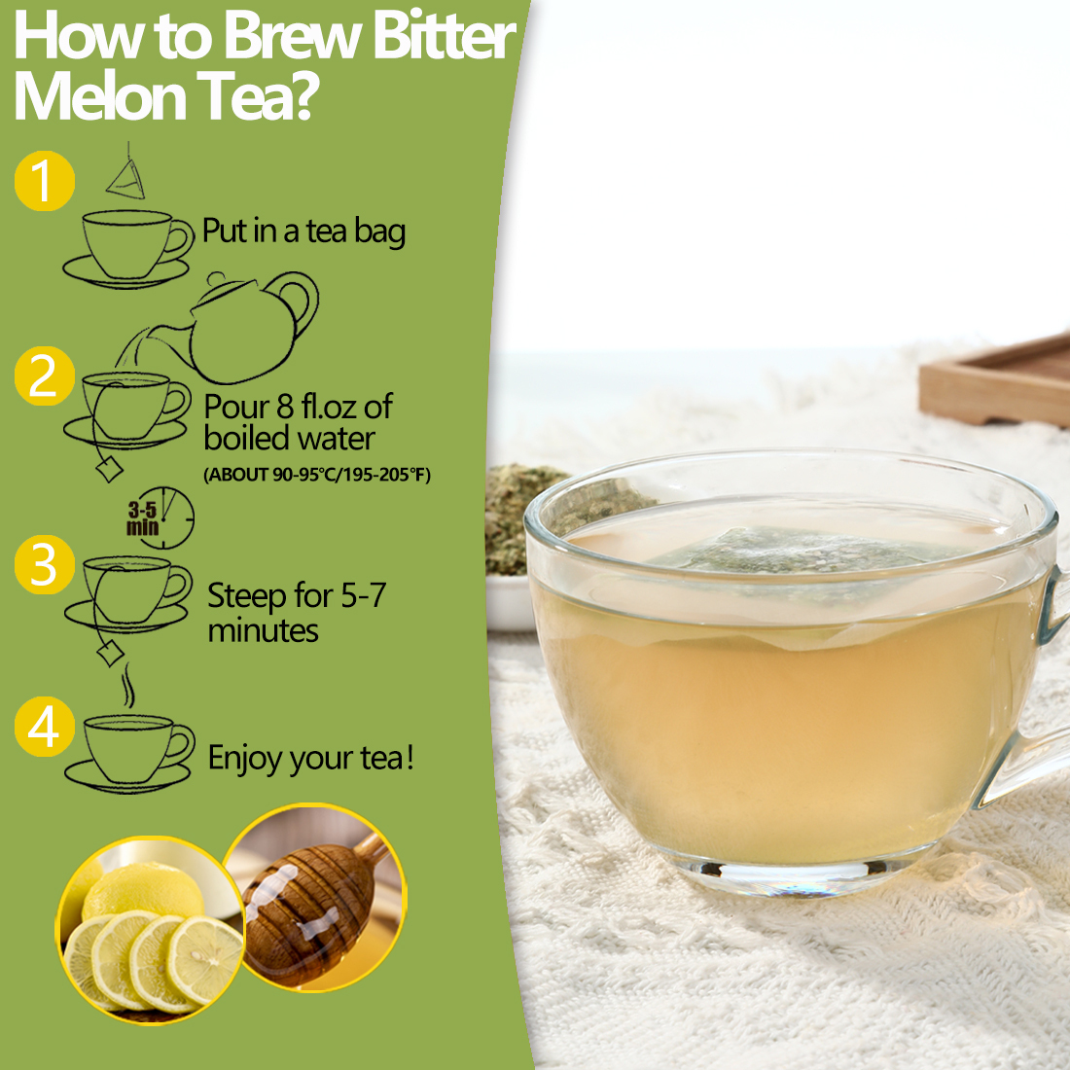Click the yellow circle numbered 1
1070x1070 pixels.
click(x=44, y=181)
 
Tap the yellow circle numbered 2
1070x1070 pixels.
click(x=44, y=375)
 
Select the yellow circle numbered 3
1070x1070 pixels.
click(x=44, y=565)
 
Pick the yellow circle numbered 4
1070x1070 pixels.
click(x=44, y=727)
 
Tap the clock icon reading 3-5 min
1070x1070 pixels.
click(x=161, y=518)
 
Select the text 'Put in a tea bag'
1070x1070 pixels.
click(x=303, y=232)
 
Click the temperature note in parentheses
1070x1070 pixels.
click(x=317, y=475)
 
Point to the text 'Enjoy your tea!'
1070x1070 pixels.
click(x=311, y=758)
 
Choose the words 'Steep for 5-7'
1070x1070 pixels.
click(x=297, y=595)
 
